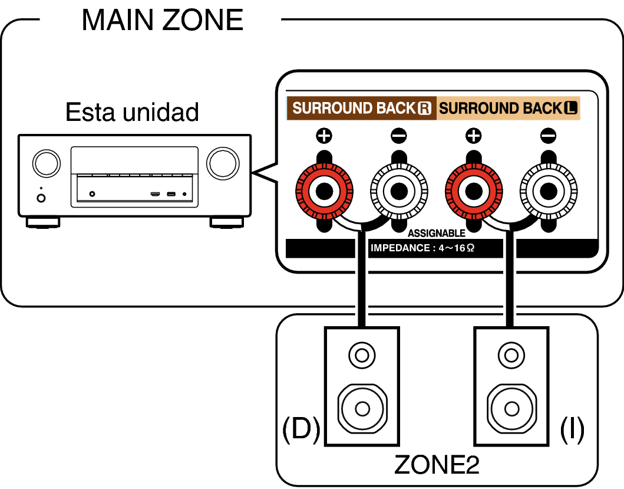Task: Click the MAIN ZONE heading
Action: click(x=163, y=20)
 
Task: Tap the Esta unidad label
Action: click(x=132, y=112)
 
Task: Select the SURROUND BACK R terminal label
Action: click(x=362, y=108)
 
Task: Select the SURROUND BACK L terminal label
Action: click(x=508, y=108)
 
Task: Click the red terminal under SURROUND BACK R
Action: click(x=324, y=191)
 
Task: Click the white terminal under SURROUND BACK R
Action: click(x=399, y=191)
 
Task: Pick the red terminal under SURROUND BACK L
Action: click(x=474, y=191)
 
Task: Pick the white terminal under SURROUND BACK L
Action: click(x=549, y=191)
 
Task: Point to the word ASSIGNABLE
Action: click(x=437, y=233)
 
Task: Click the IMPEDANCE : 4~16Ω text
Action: click(x=422, y=248)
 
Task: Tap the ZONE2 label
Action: click(x=437, y=465)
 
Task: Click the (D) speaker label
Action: click(x=301, y=429)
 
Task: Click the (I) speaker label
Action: click(x=572, y=429)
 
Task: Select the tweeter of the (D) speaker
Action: click(x=362, y=355)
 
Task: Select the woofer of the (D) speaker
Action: click(x=362, y=409)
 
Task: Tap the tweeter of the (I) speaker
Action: click(x=511, y=355)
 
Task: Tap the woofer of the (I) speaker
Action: click(x=512, y=409)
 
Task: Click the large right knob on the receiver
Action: click(x=223, y=163)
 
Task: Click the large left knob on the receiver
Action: click(x=47, y=163)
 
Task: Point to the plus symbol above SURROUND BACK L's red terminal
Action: click(x=474, y=136)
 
